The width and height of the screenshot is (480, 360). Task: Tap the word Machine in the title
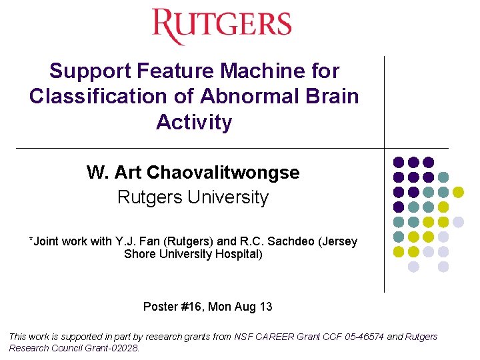click(261, 71)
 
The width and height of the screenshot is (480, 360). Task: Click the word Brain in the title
click(333, 97)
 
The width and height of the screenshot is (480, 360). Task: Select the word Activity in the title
click(194, 123)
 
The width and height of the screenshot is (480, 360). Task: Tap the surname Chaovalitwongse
click(223, 173)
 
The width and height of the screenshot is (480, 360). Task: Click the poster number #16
click(190, 307)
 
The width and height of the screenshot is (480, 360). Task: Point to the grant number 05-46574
click(361, 337)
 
